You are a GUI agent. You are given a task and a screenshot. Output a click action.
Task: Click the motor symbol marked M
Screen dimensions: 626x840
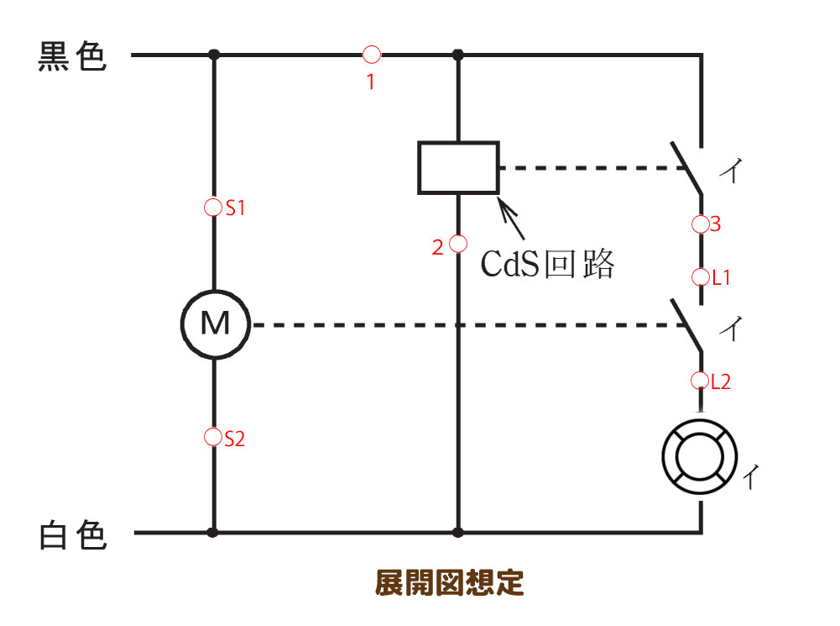pyautogui.click(x=215, y=324)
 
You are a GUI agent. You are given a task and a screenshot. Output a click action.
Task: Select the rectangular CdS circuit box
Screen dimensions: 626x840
pyautogui.click(x=458, y=168)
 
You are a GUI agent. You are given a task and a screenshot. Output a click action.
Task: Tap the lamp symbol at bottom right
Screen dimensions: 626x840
pyautogui.click(x=700, y=459)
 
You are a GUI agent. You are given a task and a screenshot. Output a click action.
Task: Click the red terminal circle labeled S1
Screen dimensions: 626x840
pyautogui.click(x=213, y=207)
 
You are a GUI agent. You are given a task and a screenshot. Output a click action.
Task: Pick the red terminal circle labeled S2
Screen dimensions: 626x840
pyautogui.click(x=213, y=437)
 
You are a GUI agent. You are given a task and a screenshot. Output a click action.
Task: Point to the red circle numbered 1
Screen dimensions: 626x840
pyautogui.click(x=372, y=55)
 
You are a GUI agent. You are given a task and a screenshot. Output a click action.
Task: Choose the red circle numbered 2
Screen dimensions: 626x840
pyautogui.click(x=458, y=244)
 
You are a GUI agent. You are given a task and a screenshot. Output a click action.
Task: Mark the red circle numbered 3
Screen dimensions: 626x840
pyautogui.click(x=700, y=224)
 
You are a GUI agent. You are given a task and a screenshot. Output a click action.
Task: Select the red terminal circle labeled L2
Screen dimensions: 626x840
pyautogui.click(x=700, y=381)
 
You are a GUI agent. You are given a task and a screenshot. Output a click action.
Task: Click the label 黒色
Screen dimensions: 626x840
pyautogui.click(x=73, y=57)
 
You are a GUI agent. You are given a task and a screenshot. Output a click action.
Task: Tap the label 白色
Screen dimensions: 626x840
pyautogui.click(x=73, y=534)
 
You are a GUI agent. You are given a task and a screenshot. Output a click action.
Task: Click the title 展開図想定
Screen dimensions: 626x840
pyautogui.click(x=449, y=582)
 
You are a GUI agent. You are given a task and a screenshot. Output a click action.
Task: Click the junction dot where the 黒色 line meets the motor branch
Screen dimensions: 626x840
pyautogui.click(x=214, y=55)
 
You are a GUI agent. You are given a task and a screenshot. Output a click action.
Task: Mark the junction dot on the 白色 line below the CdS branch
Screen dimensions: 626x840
pyautogui.click(x=458, y=533)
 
